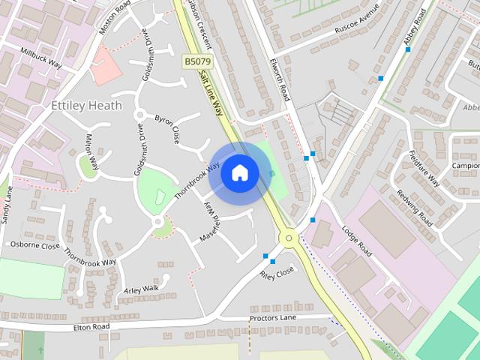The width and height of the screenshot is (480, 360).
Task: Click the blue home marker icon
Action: click(239, 172)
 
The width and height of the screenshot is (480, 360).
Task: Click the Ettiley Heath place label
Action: click(85, 106)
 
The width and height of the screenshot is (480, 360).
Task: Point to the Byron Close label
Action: click(167, 129)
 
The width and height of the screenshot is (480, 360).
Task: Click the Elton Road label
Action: click(91, 327)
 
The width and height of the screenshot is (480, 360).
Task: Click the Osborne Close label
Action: click(34, 245)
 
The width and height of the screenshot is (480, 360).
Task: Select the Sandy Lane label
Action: click(8, 204)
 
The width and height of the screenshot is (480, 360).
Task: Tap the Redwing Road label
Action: click(415, 206)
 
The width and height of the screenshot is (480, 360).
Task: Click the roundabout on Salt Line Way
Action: click(288, 238)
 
